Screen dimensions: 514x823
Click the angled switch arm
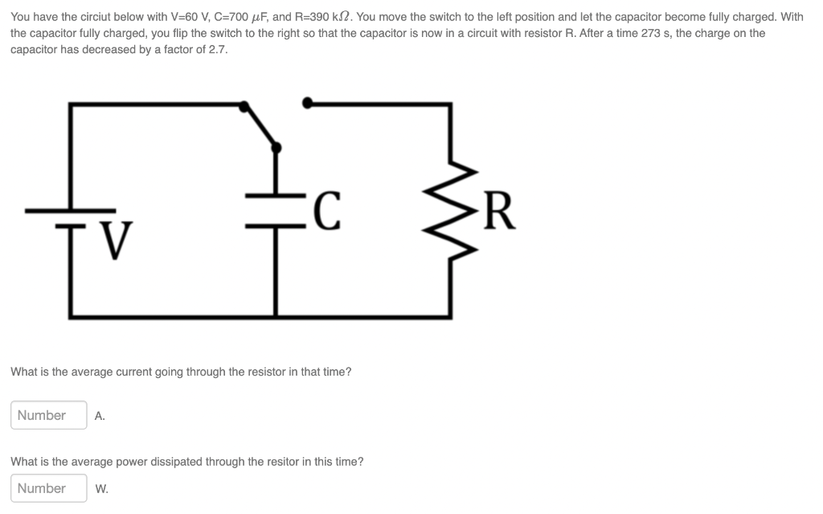tap(261, 125)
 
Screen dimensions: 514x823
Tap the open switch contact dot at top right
tap(306, 102)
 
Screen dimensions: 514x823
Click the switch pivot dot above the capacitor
tap(277, 147)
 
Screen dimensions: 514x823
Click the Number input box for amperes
tap(49, 415)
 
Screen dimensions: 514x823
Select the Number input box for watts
tap(49, 488)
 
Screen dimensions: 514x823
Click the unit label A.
tap(100, 417)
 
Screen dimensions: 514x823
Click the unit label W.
tap(101, 489)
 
